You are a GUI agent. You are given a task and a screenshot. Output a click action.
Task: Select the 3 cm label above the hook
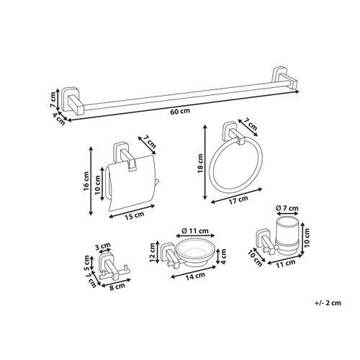pos(103,245)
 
